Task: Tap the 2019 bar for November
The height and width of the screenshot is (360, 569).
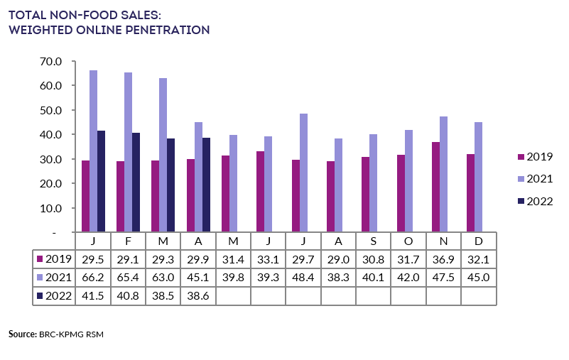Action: [x=436, y=187]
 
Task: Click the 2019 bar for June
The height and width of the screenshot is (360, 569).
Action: [x=261, y=191]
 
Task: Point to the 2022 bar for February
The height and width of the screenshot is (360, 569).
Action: [x=136, y=182]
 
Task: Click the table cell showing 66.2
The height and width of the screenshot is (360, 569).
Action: [x=93, y=277]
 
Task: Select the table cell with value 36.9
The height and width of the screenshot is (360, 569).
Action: [x=444, y=258]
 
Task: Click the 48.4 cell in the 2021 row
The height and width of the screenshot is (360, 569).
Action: [x=303, y=277]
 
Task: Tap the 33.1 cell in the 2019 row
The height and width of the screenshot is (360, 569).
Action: [x=269, y=258]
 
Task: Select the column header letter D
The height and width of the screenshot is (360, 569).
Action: [x=479, y=241]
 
